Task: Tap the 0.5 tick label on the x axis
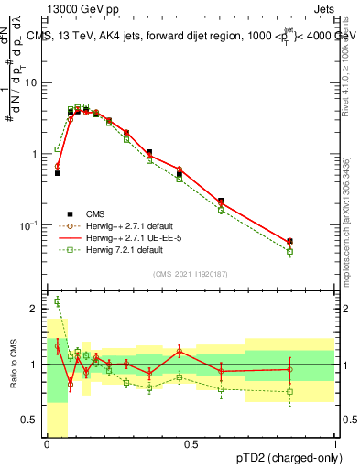click(191, 444)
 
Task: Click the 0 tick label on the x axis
click(47, 444)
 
